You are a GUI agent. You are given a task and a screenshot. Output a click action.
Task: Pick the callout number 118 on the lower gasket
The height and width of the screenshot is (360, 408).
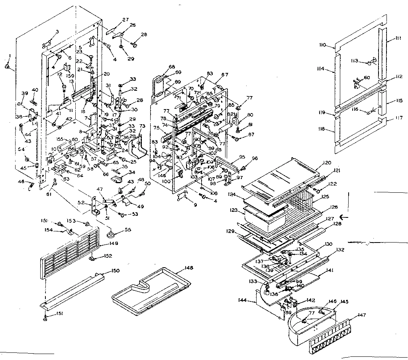(x=322, y=129)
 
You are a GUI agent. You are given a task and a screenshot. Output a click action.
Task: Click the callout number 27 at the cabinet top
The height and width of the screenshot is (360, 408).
(x=126, y=20)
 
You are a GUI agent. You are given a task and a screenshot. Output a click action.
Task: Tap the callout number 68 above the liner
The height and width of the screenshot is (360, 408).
(x=172, y=67)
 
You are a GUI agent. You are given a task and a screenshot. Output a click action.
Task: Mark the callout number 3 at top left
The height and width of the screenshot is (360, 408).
(x=57, y=31)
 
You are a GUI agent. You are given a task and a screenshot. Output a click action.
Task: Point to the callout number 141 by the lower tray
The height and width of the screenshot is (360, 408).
(x=319, y=270)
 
